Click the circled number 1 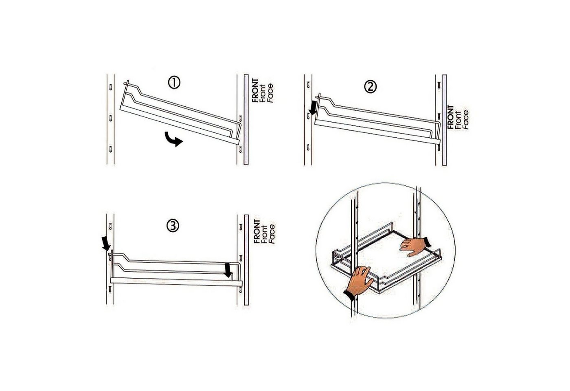pyautogui.click(x=174, y=83)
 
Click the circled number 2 pyautogui.click(x=370, y=87)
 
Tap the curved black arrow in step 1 pyautogui.click(x=173, y=139)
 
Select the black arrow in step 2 pyautogui.click(x=313, y=108)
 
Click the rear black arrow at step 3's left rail pyautogui.click(x=105, y=244)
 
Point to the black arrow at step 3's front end pyautogui.click(x=228, y=270)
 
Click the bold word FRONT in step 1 pyautogui.click(x=255, y=90)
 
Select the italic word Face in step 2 pyautogui.click(x=465, y=120)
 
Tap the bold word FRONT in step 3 pyautogui.click(x=257, y=231)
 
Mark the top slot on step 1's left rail pyautogui.click(x=110, y=87)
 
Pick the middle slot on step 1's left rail pyautogui.click(x=110, y=118)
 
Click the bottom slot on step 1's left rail pyautogui.click(x=110, y=149)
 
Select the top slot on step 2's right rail pyautogui.click(x=439, y=85)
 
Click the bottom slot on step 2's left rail pyautogui.click(x=308, y=147)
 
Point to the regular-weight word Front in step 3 pyautogui.click(x=264, y=234)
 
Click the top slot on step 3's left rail pyautogui.click(x=110, y=226)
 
